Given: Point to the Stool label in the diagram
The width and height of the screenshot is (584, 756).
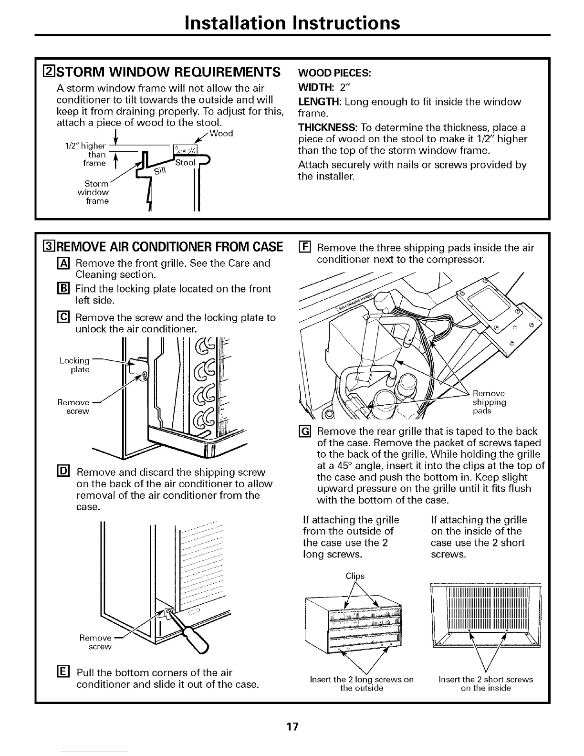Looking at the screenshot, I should [x=186, y=163].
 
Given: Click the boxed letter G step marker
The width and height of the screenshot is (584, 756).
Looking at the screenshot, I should [x=305, y=431].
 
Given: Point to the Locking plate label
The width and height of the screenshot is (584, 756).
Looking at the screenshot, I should [x=74, y=365].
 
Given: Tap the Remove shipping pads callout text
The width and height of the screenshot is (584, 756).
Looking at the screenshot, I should [x=489, y=402].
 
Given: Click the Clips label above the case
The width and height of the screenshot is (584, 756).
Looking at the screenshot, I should [x=355, y=576].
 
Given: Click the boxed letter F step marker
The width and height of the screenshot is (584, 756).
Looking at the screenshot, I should [x=305, y=248].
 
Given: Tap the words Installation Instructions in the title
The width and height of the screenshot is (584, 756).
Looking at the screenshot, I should [x=292, y=22].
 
